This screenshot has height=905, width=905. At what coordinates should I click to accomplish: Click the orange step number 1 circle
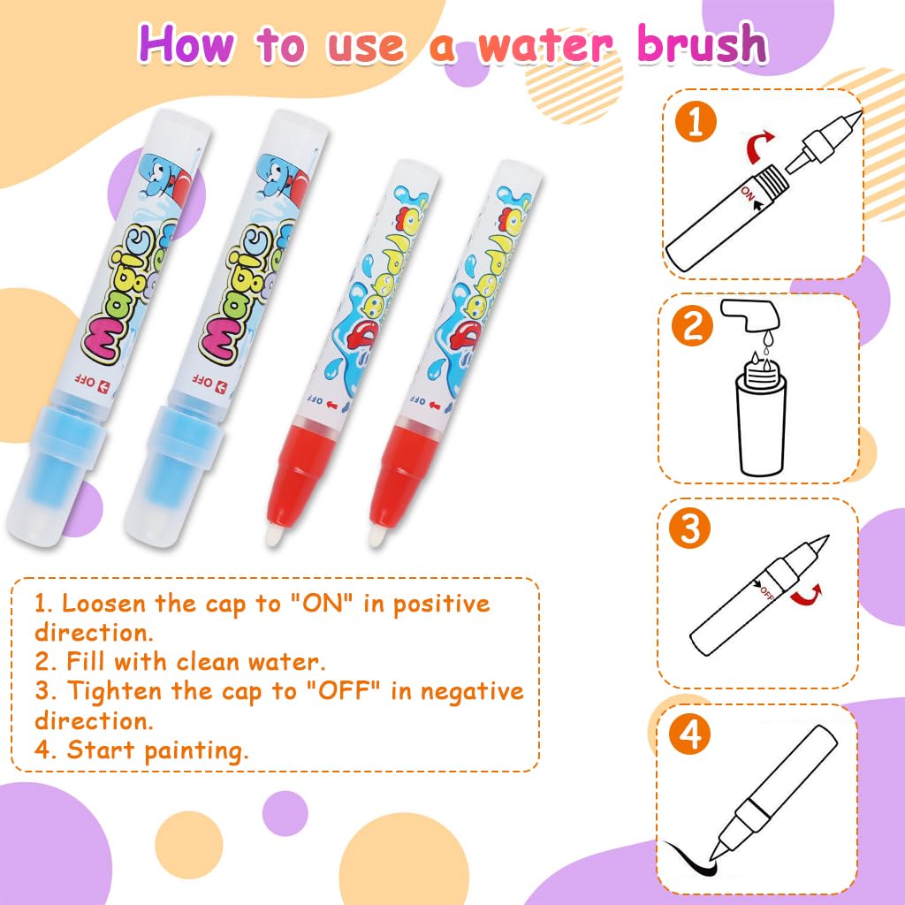click(696, 122)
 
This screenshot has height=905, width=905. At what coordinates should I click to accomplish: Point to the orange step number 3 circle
click(691, 530)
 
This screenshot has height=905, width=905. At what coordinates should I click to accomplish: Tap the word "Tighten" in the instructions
click(115, 691)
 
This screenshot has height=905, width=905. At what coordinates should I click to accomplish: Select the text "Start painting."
click(158, 750)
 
